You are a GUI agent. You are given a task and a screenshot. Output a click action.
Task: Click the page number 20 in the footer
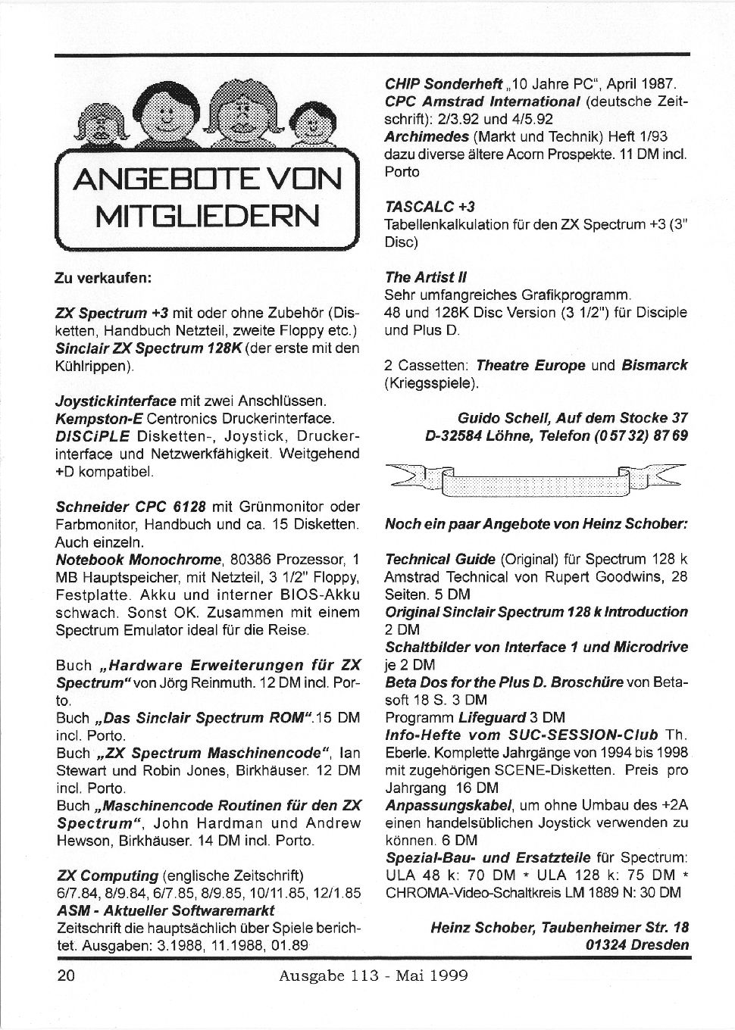pyautogui.click(x=66, y=975)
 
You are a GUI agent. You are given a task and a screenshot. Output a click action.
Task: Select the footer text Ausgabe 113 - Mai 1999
pyautogui.click(x=373, y=975)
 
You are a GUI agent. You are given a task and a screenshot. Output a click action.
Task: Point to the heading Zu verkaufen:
pyautogui.click(x=104, y=277)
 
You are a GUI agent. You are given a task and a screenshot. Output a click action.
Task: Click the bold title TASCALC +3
pyautogui.click(x=430, y=207)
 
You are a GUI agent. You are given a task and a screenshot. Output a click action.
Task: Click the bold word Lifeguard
pyautogui.click(x=492, y=717)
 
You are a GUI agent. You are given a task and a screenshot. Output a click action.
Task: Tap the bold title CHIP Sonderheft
pyautogui.click(x=444, y=84)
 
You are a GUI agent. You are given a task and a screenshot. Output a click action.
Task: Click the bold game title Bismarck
pyautogui.click(x=654, y=365)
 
